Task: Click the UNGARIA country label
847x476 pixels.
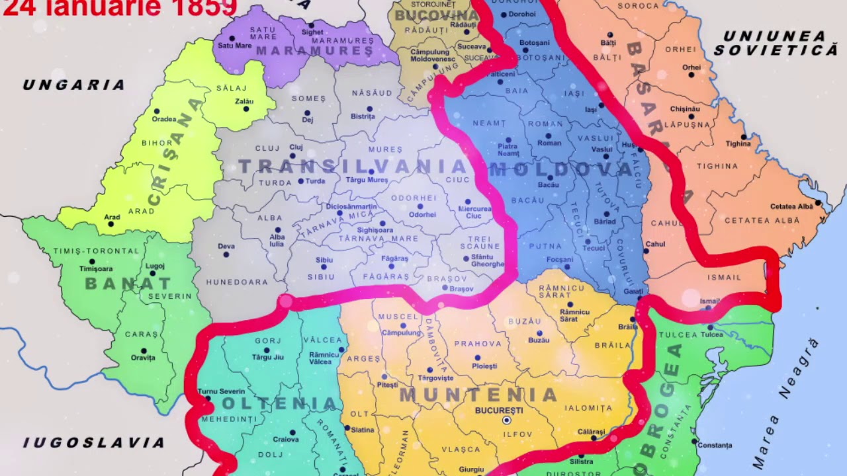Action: [73, 85]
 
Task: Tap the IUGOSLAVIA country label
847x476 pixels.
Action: [94, 442]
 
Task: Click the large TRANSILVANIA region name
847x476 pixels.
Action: [353, 165]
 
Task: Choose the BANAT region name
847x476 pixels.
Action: [128, 284]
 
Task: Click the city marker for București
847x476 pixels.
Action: [507, 420]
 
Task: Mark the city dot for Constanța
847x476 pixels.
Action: [694, 441]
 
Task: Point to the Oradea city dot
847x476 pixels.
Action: [157, 111]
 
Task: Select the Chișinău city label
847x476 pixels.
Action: [685, 108]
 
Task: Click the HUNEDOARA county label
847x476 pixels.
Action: [237, 282]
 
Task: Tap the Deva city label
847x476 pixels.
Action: [226, 246]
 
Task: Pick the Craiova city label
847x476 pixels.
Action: [286, 439]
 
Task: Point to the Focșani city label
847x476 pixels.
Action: [560, 259]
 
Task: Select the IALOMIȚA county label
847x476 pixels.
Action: [588, 408]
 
